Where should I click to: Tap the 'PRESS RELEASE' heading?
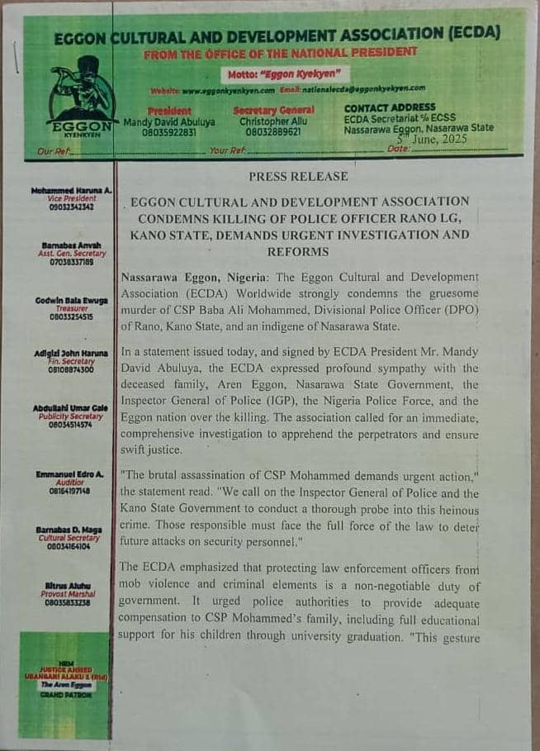[x=298, y=176]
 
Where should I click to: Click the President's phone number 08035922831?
[x=168, y=132]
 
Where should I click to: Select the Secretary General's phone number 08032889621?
[x=273, y=132]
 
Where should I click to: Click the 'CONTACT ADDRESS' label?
[x=390, y=107]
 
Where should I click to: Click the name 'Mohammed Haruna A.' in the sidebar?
[x=71, y=190]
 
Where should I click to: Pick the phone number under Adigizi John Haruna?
[x=71, y=370]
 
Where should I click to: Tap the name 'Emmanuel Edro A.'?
[x=70, y=474]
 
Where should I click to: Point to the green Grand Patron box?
[x=64, y=684]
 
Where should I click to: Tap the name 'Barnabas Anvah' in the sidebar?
[x=71, y=246]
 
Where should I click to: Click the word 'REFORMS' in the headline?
[x=298, y=251]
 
